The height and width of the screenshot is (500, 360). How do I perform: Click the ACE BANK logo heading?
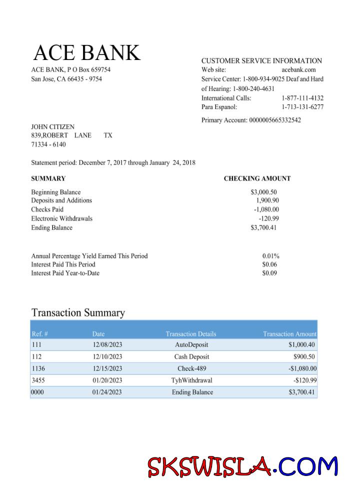point(87,53)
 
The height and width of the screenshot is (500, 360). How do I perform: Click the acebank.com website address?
point(298,70)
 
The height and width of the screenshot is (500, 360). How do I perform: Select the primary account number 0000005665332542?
point(275,120)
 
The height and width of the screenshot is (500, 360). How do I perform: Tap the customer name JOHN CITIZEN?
point(52,127)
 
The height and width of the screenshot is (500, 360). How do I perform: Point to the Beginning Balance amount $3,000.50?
point(263,192)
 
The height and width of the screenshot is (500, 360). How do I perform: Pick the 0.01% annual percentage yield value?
point(270,256)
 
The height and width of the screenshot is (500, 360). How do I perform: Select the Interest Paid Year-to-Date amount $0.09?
point(269,273)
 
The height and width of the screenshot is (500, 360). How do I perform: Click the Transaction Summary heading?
point(78,313)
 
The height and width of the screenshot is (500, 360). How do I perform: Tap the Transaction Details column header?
point(191,334)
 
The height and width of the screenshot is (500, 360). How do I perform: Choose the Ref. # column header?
point(39,334)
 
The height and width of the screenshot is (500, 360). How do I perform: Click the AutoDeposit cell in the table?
point(191,345)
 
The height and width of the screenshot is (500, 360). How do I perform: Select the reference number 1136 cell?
point(38,368)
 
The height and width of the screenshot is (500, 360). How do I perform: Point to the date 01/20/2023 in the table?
point(107,380)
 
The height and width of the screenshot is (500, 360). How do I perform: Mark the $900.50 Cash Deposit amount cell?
point(304,357)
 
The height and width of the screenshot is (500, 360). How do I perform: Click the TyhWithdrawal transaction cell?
point(191,380)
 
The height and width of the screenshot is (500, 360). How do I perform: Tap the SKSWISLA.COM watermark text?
point(242,467)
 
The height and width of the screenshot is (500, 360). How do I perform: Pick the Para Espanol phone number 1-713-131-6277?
point(302,107)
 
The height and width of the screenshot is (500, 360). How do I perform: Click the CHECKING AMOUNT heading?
point(257,178)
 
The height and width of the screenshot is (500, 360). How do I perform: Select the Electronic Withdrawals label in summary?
point(61,218)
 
